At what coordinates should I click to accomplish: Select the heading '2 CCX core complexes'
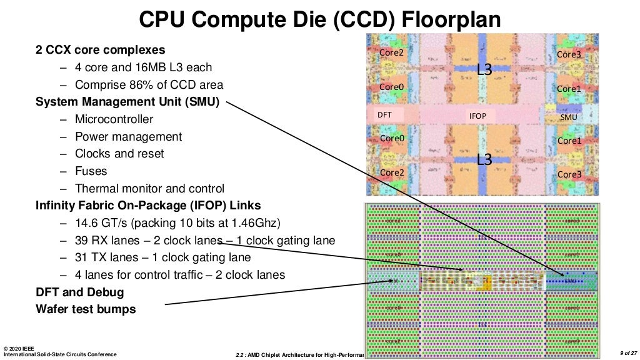[101, 50]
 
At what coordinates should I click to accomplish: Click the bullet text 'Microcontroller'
[114, 119]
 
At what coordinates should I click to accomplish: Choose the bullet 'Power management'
[128, 137]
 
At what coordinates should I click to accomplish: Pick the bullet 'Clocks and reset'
[119, 154]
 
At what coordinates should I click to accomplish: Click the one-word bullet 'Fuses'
[91, 171]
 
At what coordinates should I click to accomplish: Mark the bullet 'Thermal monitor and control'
[149, 189]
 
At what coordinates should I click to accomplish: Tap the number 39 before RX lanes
[82, 241]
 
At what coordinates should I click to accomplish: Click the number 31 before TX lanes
[82, 257]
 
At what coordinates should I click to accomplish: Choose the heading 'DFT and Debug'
[80, 292]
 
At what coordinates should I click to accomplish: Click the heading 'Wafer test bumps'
[86, 309]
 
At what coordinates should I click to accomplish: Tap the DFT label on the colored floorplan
[384, 116]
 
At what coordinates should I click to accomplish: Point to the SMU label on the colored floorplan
[569, 117]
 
